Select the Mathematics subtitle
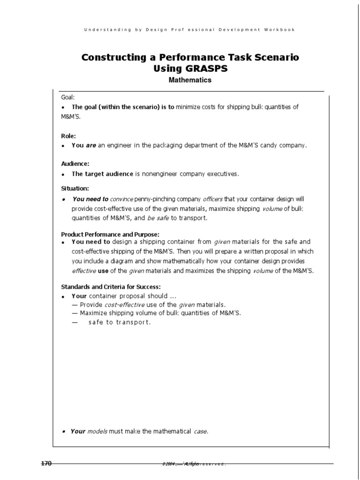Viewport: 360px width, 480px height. pyautogui.click(x=190, y=80)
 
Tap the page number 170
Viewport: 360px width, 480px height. pyautogui.click(x=46, y=464)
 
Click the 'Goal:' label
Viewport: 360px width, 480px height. pyautogui.click(x=68, y=97)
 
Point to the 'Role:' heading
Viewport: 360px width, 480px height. pyautogui.click(x=68, y=135)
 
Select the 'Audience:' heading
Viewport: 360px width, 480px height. pyautogui.click(x=75, y=164)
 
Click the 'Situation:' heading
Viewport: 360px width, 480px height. pyautogui.click(x=75, y=188)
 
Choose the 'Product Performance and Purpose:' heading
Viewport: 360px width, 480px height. pyautogui.click(x=111, y=234)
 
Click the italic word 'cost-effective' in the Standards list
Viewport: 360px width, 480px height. pyautogui.click(x=124, y=304)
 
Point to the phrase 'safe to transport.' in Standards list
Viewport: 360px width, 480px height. pyautogui.click(x=120, y=322)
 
